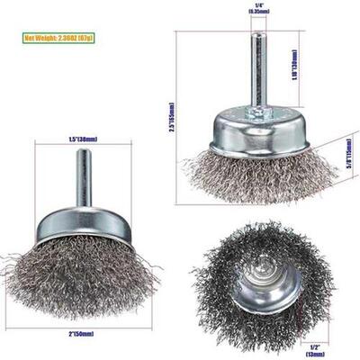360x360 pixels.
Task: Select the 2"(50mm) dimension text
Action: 82,334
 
